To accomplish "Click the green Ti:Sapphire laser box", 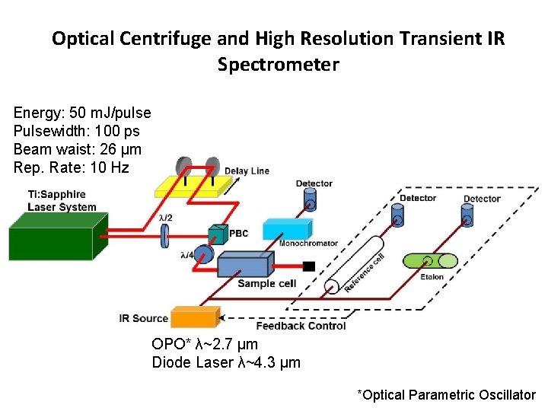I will [x=57, y=236].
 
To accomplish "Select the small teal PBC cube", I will [x=218, y=234].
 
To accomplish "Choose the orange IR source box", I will [x=195, y=317].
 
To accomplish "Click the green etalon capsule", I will [x=431, y=261].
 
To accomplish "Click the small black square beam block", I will [x=309, y=266].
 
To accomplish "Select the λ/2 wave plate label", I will [x=165, y=218].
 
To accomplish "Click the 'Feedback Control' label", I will [x=301, y=326].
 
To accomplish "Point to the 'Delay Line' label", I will [x=247, y=170].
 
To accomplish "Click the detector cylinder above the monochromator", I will [x=311, y=199].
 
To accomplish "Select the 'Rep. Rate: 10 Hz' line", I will [x=72, y=167].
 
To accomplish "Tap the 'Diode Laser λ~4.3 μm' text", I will [x=226, y=362].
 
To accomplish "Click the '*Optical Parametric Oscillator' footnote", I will [x=447, y=394].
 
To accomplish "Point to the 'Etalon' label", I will [x=432, y=277].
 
